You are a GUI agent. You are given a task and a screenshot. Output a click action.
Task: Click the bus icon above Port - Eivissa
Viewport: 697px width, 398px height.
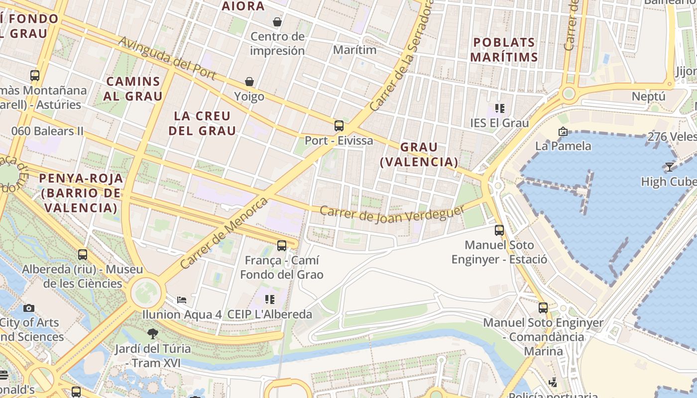(339, 125)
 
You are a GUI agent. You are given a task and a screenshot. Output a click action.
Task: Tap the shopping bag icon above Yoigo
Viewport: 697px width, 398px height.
(249, 81)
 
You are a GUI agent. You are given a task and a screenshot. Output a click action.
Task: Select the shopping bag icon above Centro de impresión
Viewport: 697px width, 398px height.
(277, 21)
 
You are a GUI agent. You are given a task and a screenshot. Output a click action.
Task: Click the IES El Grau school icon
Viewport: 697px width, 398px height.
(500, 108)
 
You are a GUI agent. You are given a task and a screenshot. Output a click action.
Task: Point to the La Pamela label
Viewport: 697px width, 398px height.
(563, 146)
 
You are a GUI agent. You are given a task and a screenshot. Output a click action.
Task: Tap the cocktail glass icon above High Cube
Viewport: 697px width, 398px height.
(669, 167)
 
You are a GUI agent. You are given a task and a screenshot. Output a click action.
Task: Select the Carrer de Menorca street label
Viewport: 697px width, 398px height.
(224, 233)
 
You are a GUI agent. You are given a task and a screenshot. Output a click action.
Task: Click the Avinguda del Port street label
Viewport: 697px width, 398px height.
(167, 58)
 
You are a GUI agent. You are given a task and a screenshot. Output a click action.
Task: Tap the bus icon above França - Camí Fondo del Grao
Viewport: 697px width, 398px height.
(282, 245)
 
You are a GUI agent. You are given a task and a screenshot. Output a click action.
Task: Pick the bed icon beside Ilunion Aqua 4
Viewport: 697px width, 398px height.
(182, 299)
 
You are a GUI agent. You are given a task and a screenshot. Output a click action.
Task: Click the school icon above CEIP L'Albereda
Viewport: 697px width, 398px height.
(270, 299)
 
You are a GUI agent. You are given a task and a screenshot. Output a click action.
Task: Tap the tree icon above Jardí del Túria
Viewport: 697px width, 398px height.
(153, 333)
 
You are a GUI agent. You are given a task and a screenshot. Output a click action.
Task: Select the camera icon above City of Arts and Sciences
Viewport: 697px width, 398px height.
(29, 308)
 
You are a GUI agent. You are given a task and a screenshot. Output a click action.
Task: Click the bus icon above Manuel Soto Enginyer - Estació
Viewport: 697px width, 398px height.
(499, 230)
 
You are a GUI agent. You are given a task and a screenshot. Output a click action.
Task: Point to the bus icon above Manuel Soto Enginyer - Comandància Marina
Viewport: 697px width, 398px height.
(543, 307)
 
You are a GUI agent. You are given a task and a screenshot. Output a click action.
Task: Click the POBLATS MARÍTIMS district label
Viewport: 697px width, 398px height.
(504, 49)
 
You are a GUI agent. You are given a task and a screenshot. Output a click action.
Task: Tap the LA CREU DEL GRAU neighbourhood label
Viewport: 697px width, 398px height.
(202, 123)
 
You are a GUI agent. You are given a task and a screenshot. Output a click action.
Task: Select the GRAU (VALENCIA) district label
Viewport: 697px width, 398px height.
(419, 154)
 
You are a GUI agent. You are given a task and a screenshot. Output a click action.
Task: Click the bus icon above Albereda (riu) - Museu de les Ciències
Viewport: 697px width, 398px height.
(83, 254)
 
